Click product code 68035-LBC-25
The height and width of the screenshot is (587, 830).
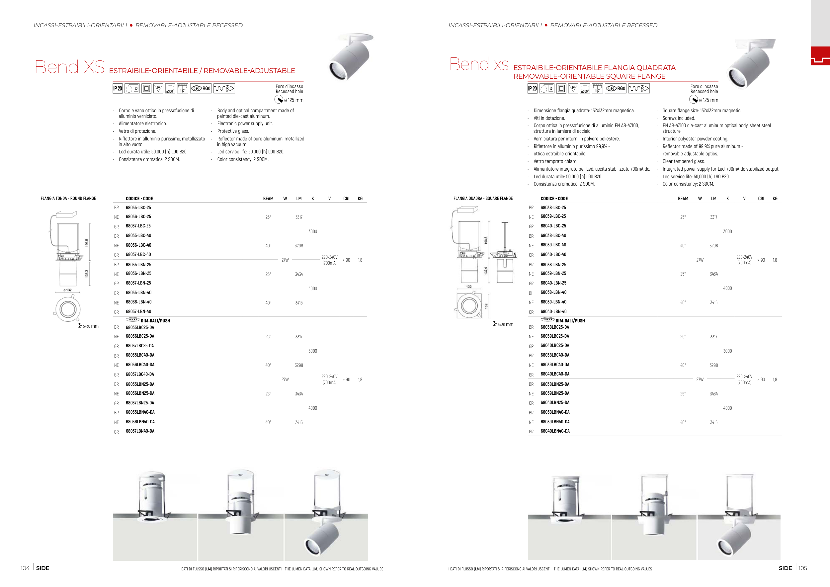(138, 208)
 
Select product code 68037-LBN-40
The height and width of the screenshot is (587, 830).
(138, 311)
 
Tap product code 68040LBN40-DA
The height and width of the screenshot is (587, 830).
(555, 431)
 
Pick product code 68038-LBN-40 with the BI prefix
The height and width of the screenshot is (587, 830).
(553, 293)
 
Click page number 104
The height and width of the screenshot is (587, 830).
(25, 568)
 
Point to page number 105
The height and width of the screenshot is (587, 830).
(802, 568)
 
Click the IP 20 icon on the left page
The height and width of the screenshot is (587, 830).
(118, 89)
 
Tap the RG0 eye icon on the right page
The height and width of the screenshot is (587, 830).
(616, 89)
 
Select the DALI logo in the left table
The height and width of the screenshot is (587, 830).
(132, 319)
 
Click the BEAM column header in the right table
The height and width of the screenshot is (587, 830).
(683, 199)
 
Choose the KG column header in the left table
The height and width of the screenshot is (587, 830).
(360, 199)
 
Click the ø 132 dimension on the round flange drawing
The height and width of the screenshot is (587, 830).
(68, 290)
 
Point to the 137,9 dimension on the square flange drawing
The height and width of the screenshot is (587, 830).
(486, 270)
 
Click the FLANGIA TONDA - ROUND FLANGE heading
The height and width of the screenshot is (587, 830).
(68, 199)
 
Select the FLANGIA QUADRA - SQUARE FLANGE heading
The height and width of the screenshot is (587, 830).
(483, 199)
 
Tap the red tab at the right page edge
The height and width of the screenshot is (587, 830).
(820, 56)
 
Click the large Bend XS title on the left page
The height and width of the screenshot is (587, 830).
(69, 67)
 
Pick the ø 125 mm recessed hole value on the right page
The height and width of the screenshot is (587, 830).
(708, 101)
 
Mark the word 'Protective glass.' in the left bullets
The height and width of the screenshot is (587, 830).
(233, 131)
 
